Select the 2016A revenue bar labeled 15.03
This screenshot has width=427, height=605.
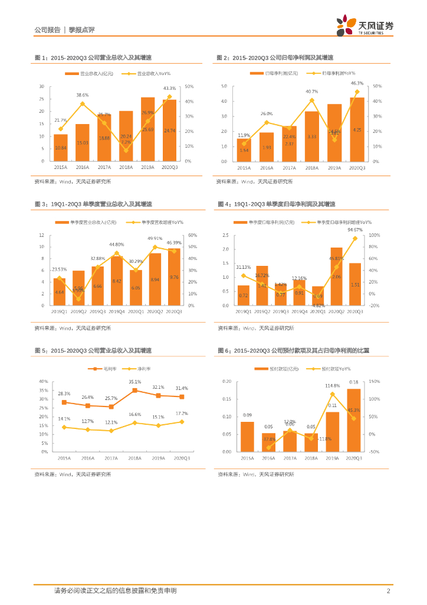pos(83,142)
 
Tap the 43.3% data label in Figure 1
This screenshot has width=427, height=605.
pos(169,88)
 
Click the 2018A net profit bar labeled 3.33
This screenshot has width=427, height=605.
pos(312,136)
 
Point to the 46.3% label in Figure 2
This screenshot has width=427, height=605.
pos(357,83)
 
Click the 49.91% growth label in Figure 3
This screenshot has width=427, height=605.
pos(155,239)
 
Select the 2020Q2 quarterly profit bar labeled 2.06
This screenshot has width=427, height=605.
pos(336,277)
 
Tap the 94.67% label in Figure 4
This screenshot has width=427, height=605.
pos(355,229)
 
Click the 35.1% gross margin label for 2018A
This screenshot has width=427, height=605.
pos(135,382)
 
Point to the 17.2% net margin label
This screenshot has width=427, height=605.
pos(181,413)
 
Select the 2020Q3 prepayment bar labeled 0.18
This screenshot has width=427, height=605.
pos(354,420)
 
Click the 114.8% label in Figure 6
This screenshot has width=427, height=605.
pos(333,386)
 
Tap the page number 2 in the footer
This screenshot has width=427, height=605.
pos(388,590)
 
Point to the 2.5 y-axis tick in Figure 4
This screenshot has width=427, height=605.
pos(225,235)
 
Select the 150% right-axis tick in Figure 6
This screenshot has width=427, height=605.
pos(375,382)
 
